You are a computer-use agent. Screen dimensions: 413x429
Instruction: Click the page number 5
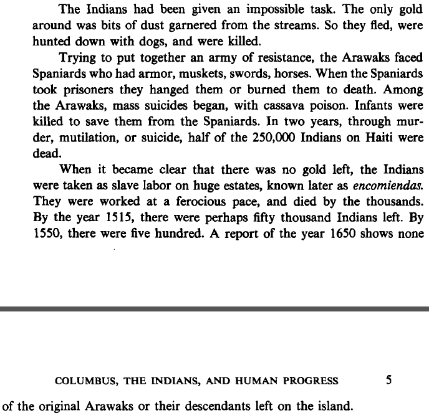pos(389,381)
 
